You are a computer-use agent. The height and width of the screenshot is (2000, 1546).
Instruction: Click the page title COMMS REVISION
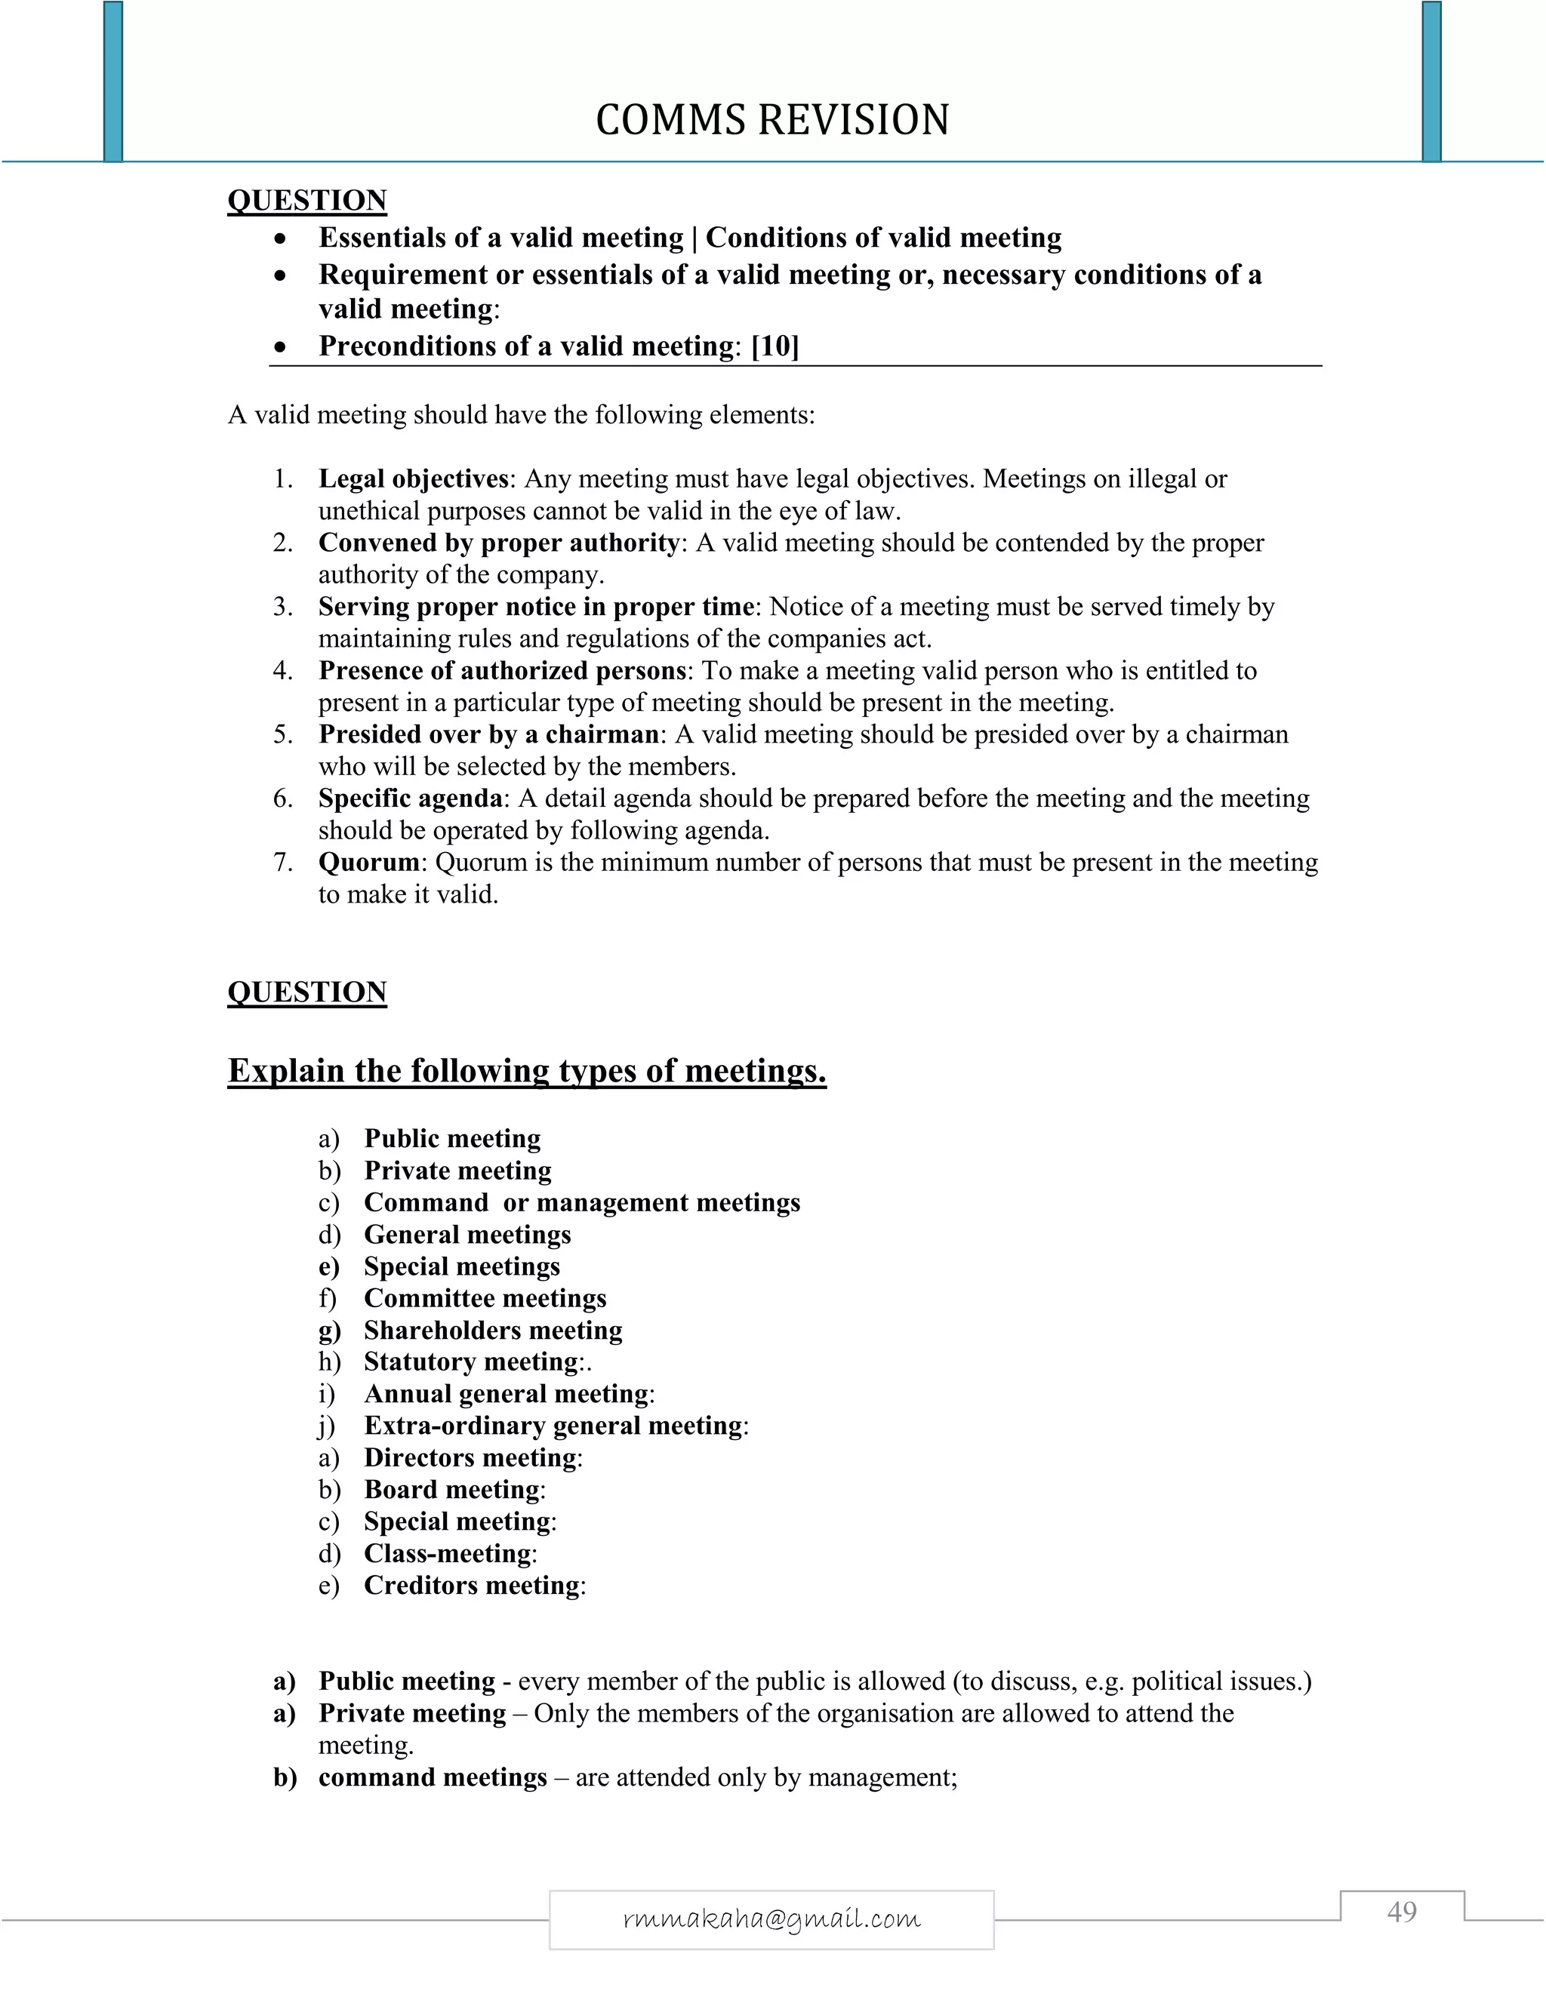(x=772, y=120)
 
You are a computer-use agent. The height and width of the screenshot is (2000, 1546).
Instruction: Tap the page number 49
(x=1401, y=1911)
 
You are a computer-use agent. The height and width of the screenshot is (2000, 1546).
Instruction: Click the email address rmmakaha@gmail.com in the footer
(x=771, y=1918)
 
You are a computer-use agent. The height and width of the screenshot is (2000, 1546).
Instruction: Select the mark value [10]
(x=775, y=346)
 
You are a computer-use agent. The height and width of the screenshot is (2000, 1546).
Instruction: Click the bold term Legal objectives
(x=413, y=479)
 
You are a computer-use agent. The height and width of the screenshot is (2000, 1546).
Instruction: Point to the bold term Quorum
(x=368, y=863)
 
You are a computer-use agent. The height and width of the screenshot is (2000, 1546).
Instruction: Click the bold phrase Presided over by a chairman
(x=488, y=734)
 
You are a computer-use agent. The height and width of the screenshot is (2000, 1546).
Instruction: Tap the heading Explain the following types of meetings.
(x=527, y=1070)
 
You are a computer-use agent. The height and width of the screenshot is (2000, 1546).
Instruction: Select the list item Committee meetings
(x=485, y=1299)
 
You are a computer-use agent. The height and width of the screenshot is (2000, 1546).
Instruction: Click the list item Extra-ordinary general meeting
(x=553, y=1426)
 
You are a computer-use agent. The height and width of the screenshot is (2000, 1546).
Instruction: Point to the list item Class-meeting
(x=447, y=1553)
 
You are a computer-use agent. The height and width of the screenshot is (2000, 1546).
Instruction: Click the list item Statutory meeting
(x=472, y=1362)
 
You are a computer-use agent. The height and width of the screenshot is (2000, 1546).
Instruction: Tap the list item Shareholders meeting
(x=493, y=1331)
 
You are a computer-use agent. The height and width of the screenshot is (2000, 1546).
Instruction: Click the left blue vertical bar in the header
(x=112, y=81)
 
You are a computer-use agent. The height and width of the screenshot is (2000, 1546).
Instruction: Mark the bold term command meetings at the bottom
(x=433, y=1777)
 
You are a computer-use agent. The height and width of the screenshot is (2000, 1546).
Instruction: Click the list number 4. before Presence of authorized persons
(x=283, y=671)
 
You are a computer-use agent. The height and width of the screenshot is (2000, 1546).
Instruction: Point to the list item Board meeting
(x=451, y=1490)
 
